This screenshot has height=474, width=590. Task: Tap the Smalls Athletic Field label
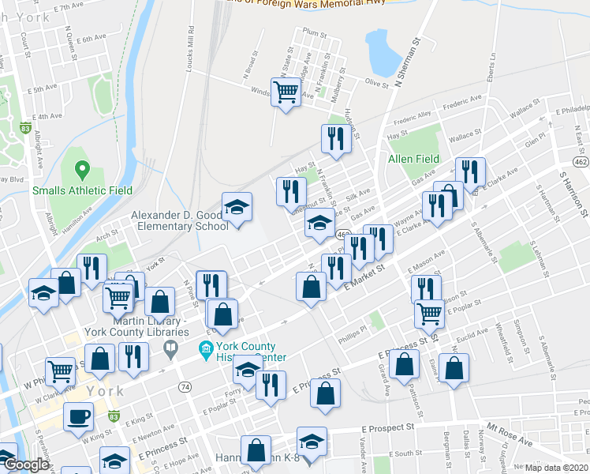click(x=82, y=190)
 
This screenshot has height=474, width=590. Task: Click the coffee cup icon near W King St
click(x=79, y=416)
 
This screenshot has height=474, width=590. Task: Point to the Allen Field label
click(x=413, y=159)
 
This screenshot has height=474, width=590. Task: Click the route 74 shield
click(x=184, y=386)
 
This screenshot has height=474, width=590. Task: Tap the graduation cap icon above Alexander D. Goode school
click(x=237, y=208)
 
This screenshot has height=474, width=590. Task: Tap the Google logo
click(x=26, y=465)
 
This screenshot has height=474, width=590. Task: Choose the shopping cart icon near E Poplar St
click(x=429, y=313)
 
